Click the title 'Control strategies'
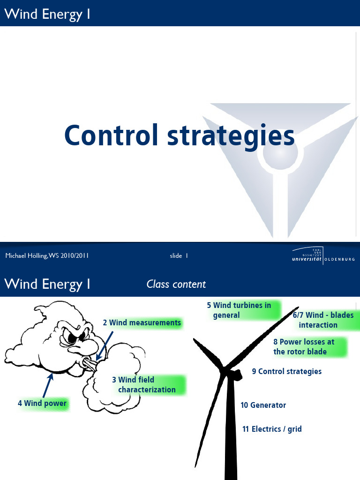(x=180, y=135)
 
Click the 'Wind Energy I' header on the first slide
(x=47, y=14)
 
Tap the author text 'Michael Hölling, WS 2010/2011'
(x=47, y=255)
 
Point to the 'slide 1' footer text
(x=179, y=255)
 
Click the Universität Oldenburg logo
(x=323, y=256)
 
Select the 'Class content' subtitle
(x=176, y=284)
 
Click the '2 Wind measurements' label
(x=142, y=322)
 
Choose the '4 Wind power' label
(x=42, y=403)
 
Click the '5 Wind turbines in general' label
(x=240, y=310)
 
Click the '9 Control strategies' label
(x=286, y=371)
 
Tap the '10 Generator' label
(x=263, y=405)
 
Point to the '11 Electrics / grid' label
(x=272, y=429)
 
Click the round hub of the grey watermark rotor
(x=280, y=153)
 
